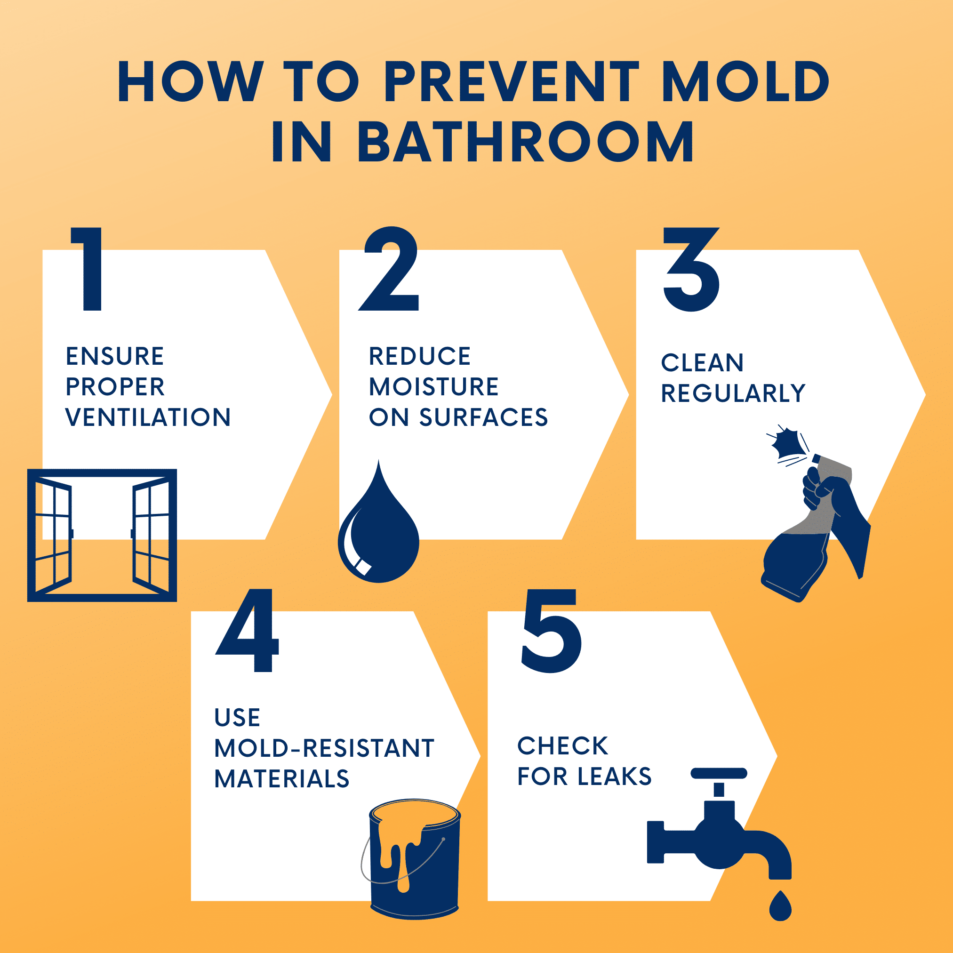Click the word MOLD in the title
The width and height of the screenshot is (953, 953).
click(x=745, y=81)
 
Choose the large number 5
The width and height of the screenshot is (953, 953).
click(x=552, y=631)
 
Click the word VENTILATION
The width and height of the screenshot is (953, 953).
click(x=148, y=417)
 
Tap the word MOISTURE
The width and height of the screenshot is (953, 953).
click(x=433, y=387)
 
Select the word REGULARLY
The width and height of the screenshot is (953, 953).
click(x=733, y=393)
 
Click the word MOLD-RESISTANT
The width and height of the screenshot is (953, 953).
click(x=324, y=748)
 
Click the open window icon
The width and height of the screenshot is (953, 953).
click(x=102, y=535)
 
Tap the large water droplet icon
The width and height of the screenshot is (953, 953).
click(x=379, y=530)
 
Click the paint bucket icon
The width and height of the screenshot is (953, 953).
click(x=414, y=858)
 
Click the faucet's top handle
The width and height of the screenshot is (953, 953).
click(x=719, y=773)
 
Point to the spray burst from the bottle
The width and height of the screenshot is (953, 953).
click(x=785, y=443)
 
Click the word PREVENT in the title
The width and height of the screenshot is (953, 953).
click(x=512, y=81)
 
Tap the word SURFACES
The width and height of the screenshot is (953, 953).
click(x=483, y=417)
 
